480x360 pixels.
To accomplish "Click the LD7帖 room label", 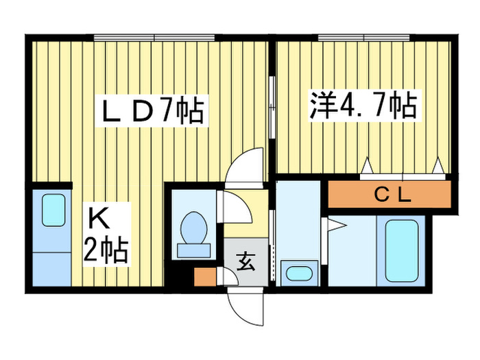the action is pyautogui.click(x=152, y=110).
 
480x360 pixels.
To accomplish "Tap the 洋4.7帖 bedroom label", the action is pyautogui.click(x=363, y=105).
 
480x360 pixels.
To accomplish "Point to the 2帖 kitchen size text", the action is pyautogui.click(x=106, y=250).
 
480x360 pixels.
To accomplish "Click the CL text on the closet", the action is pyautogui.click(x=393, y=195).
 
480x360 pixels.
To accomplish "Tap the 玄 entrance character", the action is pyautogui.click(x=245, y=261).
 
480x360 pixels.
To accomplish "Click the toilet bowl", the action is pyautogui.click(x=194, y=228).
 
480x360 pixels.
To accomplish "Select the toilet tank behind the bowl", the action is pyautogui.click(x=194, y=251).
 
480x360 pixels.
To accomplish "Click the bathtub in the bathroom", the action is pyautogui.click(x=402, y=251).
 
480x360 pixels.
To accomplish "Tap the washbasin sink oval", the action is pyautogui.click(x=299, y=273).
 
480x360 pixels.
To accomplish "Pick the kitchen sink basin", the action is pyautogui.click(x=53, y=210).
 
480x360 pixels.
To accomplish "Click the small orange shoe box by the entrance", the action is pyautogui.click(x=205, y=277).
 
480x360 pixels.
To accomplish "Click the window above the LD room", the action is pyautogui.click(x=154, y=38).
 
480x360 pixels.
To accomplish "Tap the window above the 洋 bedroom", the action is pyautogui.click(x=363, y=38).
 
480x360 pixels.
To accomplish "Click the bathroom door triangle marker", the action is pyautogui.click(x=335, y=225).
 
